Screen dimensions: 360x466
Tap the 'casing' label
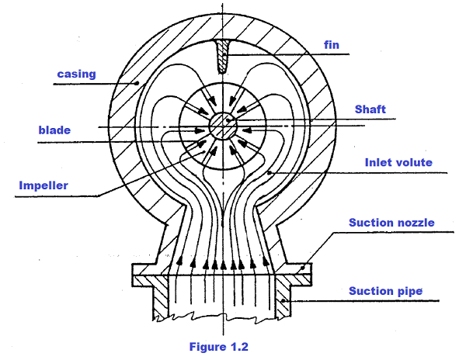[x=75, y=74]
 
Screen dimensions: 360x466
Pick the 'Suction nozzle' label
[x=391, y=223]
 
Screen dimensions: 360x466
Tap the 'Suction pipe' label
[x=384, y=291]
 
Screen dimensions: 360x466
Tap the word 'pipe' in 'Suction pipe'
[x=408, y=292]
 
